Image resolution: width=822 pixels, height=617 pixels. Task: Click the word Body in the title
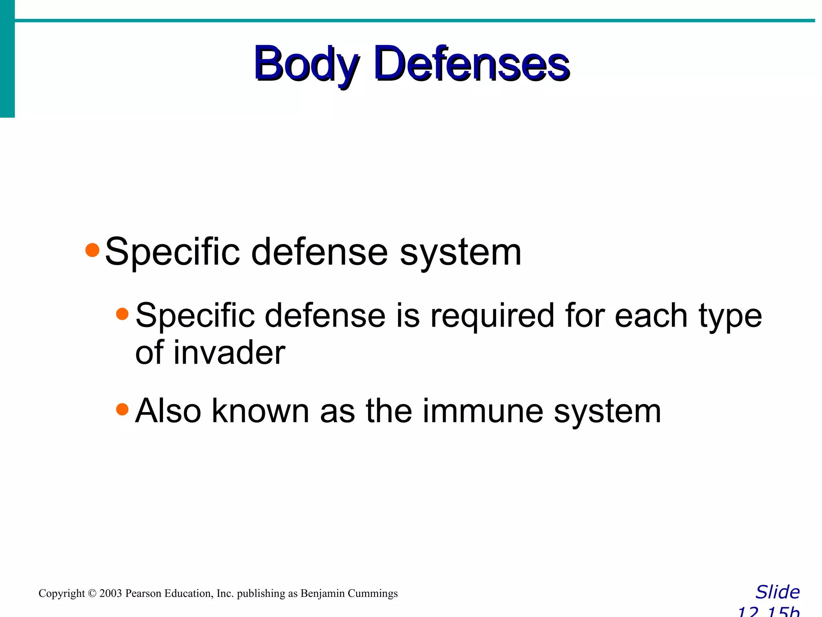[306, 64]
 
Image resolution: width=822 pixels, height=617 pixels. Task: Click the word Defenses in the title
[472, 64]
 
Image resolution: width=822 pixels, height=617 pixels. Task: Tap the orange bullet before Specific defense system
[92, 250]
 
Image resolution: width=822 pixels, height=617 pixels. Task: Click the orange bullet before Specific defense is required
[122, 314]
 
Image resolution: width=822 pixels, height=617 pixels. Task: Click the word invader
[229, 353]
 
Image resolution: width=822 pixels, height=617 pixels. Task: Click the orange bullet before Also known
[122, 409]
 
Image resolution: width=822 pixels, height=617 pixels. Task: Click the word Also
[168, 411]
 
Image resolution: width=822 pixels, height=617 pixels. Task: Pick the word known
[260, 411]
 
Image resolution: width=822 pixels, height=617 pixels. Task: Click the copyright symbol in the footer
[92, 594]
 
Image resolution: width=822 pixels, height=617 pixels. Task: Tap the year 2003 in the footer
[110, 594]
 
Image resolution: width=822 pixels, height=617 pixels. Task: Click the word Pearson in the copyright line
[143, 594]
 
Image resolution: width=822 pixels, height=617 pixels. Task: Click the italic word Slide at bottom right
[777, 592]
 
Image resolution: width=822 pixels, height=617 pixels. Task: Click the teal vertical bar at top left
[7, 60]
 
